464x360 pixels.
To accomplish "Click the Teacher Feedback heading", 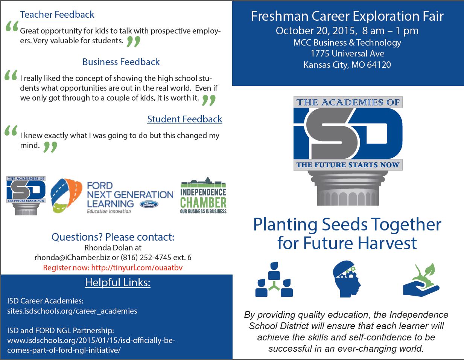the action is [x=57, y=15].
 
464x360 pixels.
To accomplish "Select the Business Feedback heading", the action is [x=121, y=62].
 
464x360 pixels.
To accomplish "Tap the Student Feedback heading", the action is [x=185, y=119].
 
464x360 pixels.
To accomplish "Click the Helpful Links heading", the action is [x=118, y=282].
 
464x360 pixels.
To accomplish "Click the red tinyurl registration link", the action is [x=137, y=268].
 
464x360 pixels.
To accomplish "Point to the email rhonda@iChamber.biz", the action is [x=72, y=258].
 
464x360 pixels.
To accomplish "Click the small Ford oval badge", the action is [x=149, y=204].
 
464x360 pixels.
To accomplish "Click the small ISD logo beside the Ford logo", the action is [x=26, y=195].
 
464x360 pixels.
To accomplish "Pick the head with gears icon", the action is [x=347, y=279].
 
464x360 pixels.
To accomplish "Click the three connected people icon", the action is [x=274, y=279].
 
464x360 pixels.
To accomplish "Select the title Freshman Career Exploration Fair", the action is [x=347, y=16].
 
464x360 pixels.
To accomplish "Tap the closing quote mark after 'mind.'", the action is [x=50, y=147].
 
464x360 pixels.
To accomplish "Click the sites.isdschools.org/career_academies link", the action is [x=72, y=311].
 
